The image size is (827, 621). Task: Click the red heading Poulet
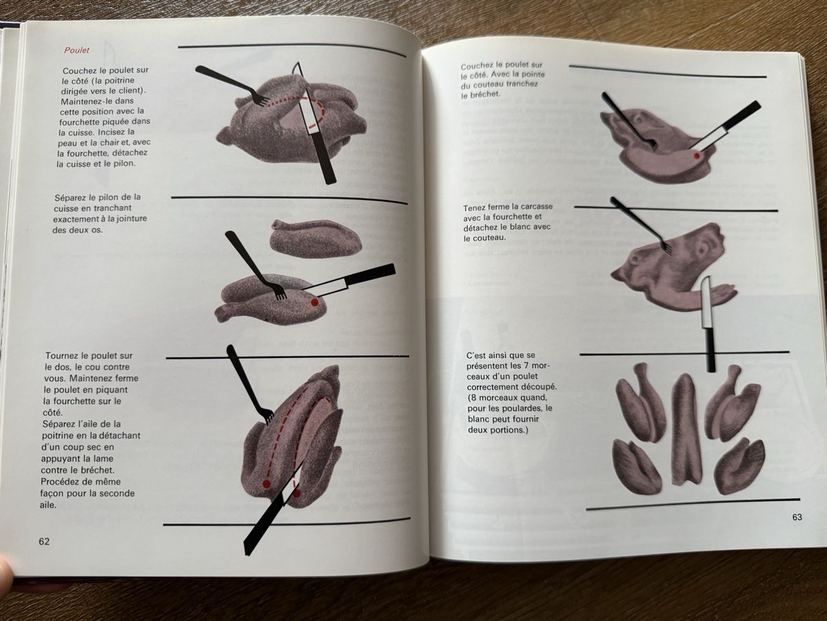point(76,50)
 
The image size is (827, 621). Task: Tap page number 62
point(44,542)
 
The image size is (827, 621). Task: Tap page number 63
point(797,517)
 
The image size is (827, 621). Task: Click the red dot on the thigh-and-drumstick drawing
point(314,302)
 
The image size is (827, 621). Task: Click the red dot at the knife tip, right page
point(697,155)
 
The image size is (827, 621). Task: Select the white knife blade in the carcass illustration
point(706,303)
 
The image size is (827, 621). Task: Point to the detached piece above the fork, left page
point(315,237)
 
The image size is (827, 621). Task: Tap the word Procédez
point(61,482)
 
